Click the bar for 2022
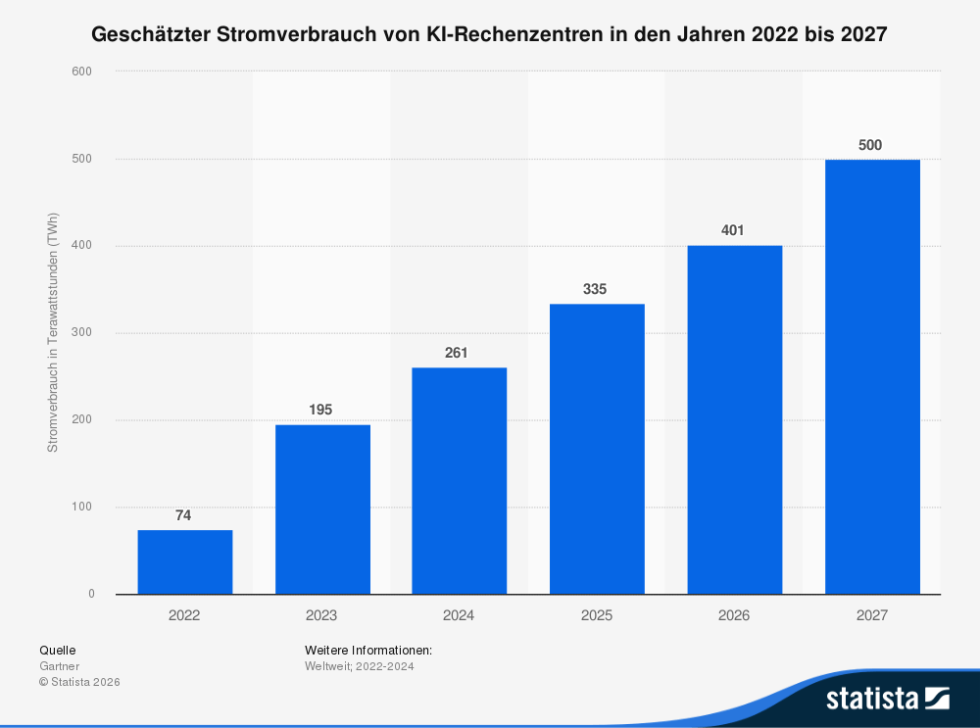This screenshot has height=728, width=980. [184, 561]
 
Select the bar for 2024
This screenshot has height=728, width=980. [459, 480]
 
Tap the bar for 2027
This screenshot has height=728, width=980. [872, 376]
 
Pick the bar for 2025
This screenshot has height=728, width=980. [597, 449]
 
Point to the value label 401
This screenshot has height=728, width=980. [733, 230]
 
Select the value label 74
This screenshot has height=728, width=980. [183, 513]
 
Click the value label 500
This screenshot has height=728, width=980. [870, 145]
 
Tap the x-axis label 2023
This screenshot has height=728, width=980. [320, 615]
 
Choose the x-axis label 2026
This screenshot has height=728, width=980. [733, 615]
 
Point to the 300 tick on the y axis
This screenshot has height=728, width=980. [83, 333]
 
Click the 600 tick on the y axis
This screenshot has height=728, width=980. [83, 72]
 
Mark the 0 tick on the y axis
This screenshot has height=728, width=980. [91, 595]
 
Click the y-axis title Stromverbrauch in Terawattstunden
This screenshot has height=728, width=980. [53, 332]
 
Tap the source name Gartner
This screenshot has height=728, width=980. [59, 666]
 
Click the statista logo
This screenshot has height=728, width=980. [887, 698]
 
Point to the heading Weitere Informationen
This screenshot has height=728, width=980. [368, 650]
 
